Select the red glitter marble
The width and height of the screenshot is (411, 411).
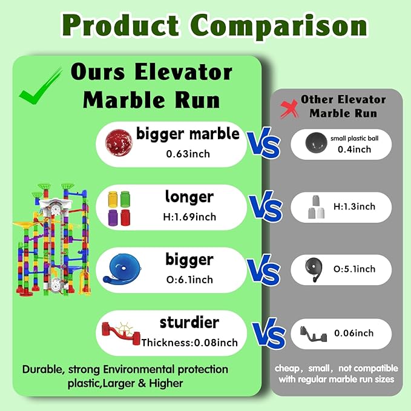[x=119, y=143]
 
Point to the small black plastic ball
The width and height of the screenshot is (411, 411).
[x=316, y=143]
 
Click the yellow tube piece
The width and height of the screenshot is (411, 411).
[x=113, y=199]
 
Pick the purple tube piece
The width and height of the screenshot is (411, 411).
[x=113, y=217]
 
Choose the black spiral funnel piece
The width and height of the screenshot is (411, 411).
[x=314, y=269]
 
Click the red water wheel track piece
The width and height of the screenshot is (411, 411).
[x=121, y=332]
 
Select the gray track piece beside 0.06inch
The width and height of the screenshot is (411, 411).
[x=314, y=334]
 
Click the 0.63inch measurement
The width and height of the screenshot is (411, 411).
[x=188, y=154]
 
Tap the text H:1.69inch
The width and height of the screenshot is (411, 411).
[x=189, y=217]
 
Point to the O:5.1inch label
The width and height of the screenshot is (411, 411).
[x=354, y=269]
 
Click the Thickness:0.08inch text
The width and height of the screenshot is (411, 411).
[x=189, y=343]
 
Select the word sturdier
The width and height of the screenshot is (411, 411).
[x=189, y=323]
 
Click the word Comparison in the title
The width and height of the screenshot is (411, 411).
[x=279, y=25]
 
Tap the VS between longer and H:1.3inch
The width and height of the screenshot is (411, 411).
[x=266, y=207]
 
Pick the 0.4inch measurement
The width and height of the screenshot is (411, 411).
[x=354, y=150]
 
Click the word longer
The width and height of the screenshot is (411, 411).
[x=189, y=198]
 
